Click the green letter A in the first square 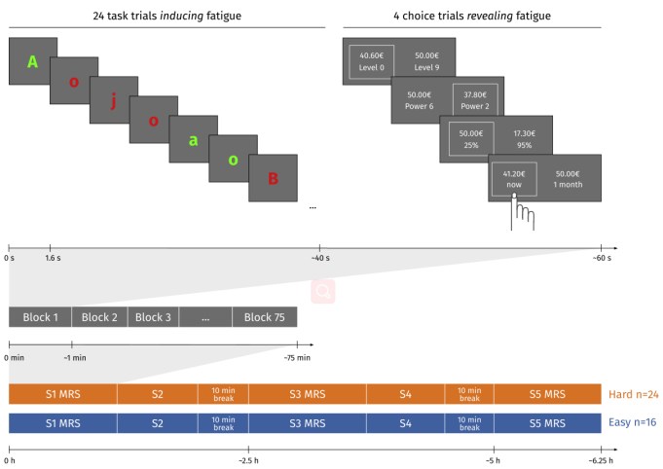point(32,62)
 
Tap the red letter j point(113,101)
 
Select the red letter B point(274,179)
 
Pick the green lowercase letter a point(193,140)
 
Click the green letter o point(233,161)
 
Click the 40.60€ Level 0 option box point(372,61)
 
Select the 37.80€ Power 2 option point(475,100)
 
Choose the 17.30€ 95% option point(525,139)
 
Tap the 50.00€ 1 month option point(568,179)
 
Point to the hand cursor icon point(522,212)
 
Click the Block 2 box point(99,317)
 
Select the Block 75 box point(265,317)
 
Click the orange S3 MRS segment point(308,394)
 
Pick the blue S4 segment point(406,423)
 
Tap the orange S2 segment point(158,394)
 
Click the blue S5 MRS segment point(547,423)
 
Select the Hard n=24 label point(634,394)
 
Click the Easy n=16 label point(633,422)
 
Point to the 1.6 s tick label point(53,258)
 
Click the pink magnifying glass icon point(323,291)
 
